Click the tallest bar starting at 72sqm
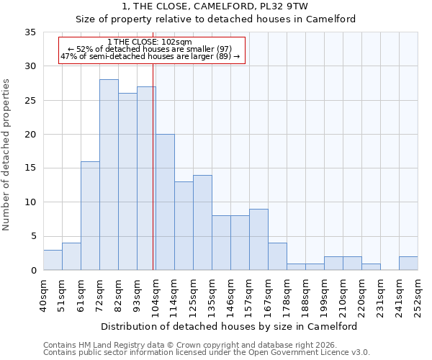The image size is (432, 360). click(109, 175)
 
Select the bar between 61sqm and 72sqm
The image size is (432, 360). click(90, 216)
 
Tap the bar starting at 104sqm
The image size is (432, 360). click(165, 202)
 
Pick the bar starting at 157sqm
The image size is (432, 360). click(258, 240)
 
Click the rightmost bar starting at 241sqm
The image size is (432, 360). click(408, 264)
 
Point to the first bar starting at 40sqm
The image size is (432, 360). click(53, 260)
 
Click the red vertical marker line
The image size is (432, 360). click(153, 180)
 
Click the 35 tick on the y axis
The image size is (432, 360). click(30, 32)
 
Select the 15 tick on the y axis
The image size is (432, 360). click(30, 168)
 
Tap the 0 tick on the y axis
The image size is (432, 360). click(33, 271)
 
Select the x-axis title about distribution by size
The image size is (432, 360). click(229, 326)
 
